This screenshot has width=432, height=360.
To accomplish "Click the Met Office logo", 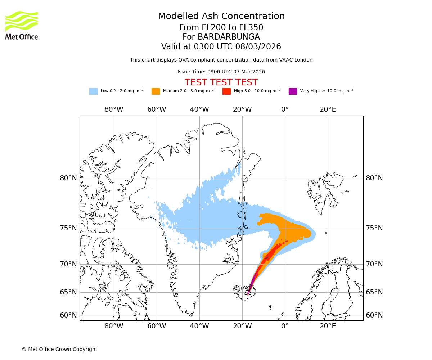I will point(22,25).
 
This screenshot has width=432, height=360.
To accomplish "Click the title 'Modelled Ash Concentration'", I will point(221,16).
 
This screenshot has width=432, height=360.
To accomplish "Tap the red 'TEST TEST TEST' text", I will point(221,82).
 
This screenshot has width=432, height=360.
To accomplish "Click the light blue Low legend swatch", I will point(93,91).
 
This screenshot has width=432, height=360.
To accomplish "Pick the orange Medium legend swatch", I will point(156,91).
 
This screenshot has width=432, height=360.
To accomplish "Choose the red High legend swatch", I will point(226,91).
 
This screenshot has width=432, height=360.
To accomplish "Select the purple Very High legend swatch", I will point(293,91).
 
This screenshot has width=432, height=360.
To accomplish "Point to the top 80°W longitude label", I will point(114,109).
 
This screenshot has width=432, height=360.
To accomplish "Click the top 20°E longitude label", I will point(328,109).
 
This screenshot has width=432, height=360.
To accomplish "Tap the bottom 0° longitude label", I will point(285,327).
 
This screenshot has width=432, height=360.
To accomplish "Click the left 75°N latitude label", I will point(68,228).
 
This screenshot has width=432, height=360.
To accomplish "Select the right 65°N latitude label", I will point(374,292).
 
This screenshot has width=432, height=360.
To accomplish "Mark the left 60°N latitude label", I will point(68,315).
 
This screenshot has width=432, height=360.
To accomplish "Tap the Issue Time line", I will point(221,72).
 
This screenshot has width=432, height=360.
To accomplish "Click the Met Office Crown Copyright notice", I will point(59,349).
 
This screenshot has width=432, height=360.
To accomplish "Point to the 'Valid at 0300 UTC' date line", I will point(221,46).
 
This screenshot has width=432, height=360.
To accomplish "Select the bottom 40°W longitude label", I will point(199,327).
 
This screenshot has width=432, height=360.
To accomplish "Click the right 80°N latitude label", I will point(374,178).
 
